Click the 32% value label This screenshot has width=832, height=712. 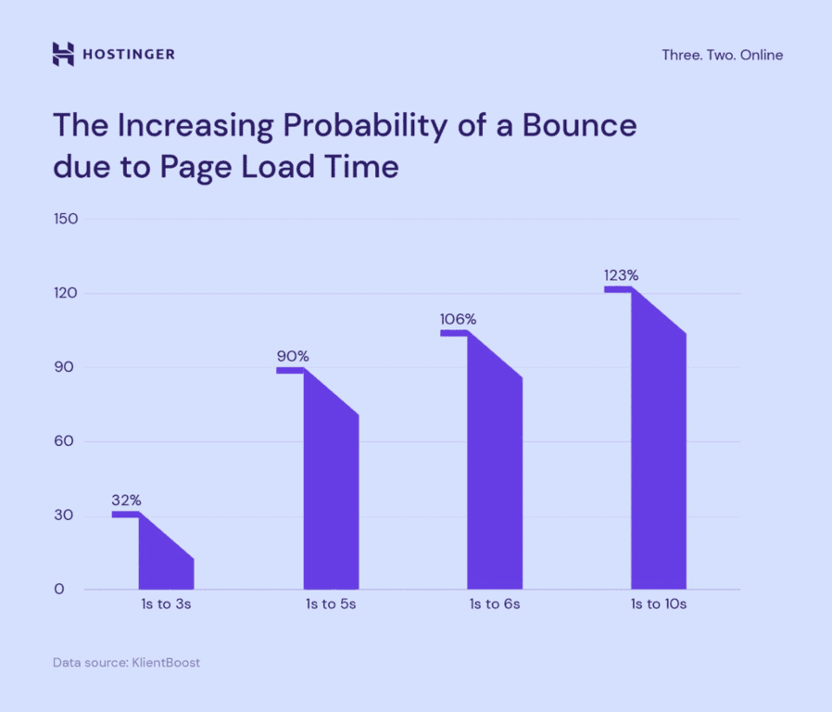pyautogui.click(x=126, y=501)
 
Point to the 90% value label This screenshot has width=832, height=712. pyautogui.click(x=292, y=356)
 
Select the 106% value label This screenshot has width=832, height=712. pyautogui.click(x=458, y=320)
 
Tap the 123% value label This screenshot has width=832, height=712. pyautogui.click(x=621, y=275)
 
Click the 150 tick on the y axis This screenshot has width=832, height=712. pyautogui.click(x=66, y=219)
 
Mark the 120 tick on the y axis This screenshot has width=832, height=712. pyautogui.click(x=66, y=293)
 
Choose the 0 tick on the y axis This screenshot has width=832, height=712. pyautogui.click(x=59, y=590)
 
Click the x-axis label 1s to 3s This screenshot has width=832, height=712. pyautogui.click(x=166, y=604)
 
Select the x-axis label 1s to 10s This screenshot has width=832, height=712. pyautogui.click(x=658, y=604)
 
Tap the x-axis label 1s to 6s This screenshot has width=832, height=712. pyautogui.click(x=494, y=604)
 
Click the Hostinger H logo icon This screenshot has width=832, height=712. pyautogui.click(x=62, y=55)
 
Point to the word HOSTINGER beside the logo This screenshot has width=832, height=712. pyautogui.click(x=129, y=55)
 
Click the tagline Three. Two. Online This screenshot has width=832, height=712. pyautogui.click(x=722, y=55)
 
